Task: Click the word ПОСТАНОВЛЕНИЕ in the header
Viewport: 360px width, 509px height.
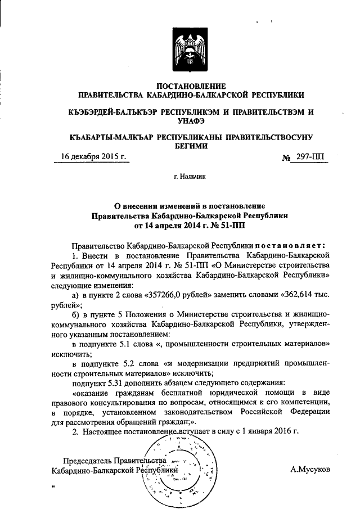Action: [190, 86]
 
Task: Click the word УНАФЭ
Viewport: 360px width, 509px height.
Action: [190, 121]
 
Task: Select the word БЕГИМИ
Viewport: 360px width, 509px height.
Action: [190, 146]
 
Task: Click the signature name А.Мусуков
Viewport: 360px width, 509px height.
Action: [310, 469]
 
